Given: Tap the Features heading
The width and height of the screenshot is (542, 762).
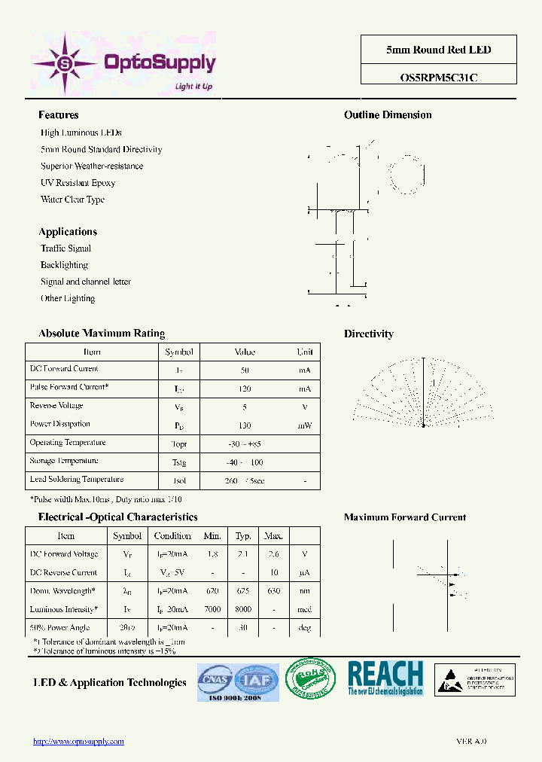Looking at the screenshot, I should pos(59,115).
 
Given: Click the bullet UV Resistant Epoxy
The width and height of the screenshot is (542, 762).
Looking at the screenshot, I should pos(78,183).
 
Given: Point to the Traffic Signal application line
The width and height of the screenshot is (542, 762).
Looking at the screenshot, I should pos(66,248).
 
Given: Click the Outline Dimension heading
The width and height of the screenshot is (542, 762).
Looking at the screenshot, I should pos(388,115).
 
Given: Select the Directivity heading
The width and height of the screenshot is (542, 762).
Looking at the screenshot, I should pos(369,334).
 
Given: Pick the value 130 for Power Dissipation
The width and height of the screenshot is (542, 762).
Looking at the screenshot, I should pos(245,425).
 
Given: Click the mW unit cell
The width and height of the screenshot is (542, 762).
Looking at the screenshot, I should pos(305,425).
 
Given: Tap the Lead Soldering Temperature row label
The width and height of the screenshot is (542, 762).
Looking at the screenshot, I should pos(77,480).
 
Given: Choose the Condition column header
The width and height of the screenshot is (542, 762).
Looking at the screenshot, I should pos(172,536).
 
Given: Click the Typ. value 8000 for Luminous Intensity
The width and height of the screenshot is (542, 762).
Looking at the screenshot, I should pos(243,610).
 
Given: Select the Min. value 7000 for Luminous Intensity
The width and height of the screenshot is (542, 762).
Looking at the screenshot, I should pos(212,610).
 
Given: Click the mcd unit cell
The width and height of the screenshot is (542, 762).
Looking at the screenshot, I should pos(305,610).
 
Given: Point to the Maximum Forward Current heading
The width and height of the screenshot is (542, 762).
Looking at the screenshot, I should pos(405,517).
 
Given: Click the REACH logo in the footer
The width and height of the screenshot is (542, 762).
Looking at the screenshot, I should pos(385,678).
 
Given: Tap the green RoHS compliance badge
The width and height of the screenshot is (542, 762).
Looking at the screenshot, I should pos(310,680).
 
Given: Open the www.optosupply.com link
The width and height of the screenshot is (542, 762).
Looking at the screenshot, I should pos(79,742).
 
